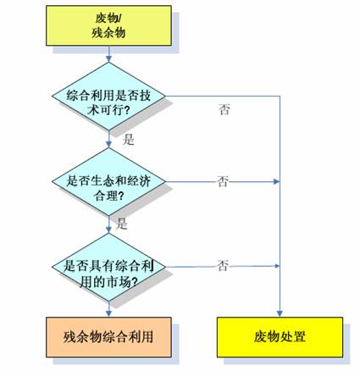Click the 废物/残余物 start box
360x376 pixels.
(x=108, y=25)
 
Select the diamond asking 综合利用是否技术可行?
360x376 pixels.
(x=108, y=96)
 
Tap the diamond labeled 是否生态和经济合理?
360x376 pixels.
(x=108, y=181)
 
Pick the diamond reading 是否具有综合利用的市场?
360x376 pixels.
(x=108, y=267)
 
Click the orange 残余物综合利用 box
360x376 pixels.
(x=108, y=337)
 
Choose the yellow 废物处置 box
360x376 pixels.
(x=280, y=337)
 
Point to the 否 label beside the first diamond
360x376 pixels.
(x=224, y=109)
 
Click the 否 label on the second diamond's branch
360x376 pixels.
(x=223, y=181)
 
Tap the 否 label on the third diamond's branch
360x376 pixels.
(x=223, y=266)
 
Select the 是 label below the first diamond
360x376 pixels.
(x=129, y=140)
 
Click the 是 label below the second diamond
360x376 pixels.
(x=122, y=224)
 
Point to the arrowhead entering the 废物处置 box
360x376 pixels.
(x=280, y=313)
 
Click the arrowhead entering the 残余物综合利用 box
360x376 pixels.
(x=108, y=313)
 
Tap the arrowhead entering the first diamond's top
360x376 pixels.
(x=108, y=58)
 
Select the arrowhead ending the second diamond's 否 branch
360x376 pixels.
(x=276, y=181)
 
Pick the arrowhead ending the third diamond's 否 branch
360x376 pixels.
(x=276, y=266)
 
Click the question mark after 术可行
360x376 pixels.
(x=126, y=110)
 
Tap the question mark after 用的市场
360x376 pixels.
(x=135, y=281)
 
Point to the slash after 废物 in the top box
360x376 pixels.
(x=119, y=19)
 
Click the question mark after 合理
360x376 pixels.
(x=121, y=196)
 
